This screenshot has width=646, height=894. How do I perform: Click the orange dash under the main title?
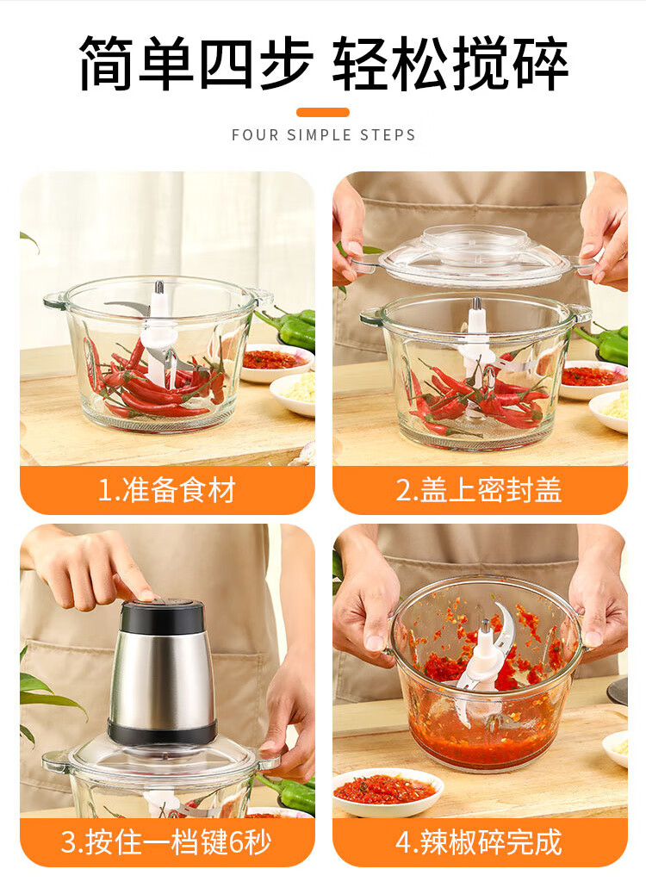pos(323,112)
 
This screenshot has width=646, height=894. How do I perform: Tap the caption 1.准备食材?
pos(167,490)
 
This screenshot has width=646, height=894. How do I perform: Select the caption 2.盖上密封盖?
pos(480,490)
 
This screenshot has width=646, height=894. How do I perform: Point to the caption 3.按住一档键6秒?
pos(166,842)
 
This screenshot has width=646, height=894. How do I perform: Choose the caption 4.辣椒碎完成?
pos(480,842)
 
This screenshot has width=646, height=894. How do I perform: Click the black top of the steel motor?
pos(163,617)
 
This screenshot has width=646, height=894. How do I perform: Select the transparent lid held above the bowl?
pos(473,256)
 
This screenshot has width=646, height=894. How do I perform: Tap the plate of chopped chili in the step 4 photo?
pos(388,792)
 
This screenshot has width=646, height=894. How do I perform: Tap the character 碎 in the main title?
pos(539,63)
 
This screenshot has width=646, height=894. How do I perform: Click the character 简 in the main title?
pos(107,63)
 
